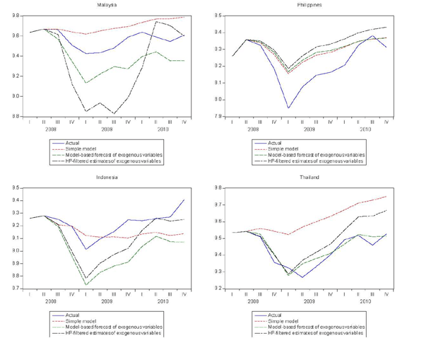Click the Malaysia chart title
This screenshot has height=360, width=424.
(108, 4)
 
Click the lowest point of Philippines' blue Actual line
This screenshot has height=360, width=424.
(288, 108)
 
